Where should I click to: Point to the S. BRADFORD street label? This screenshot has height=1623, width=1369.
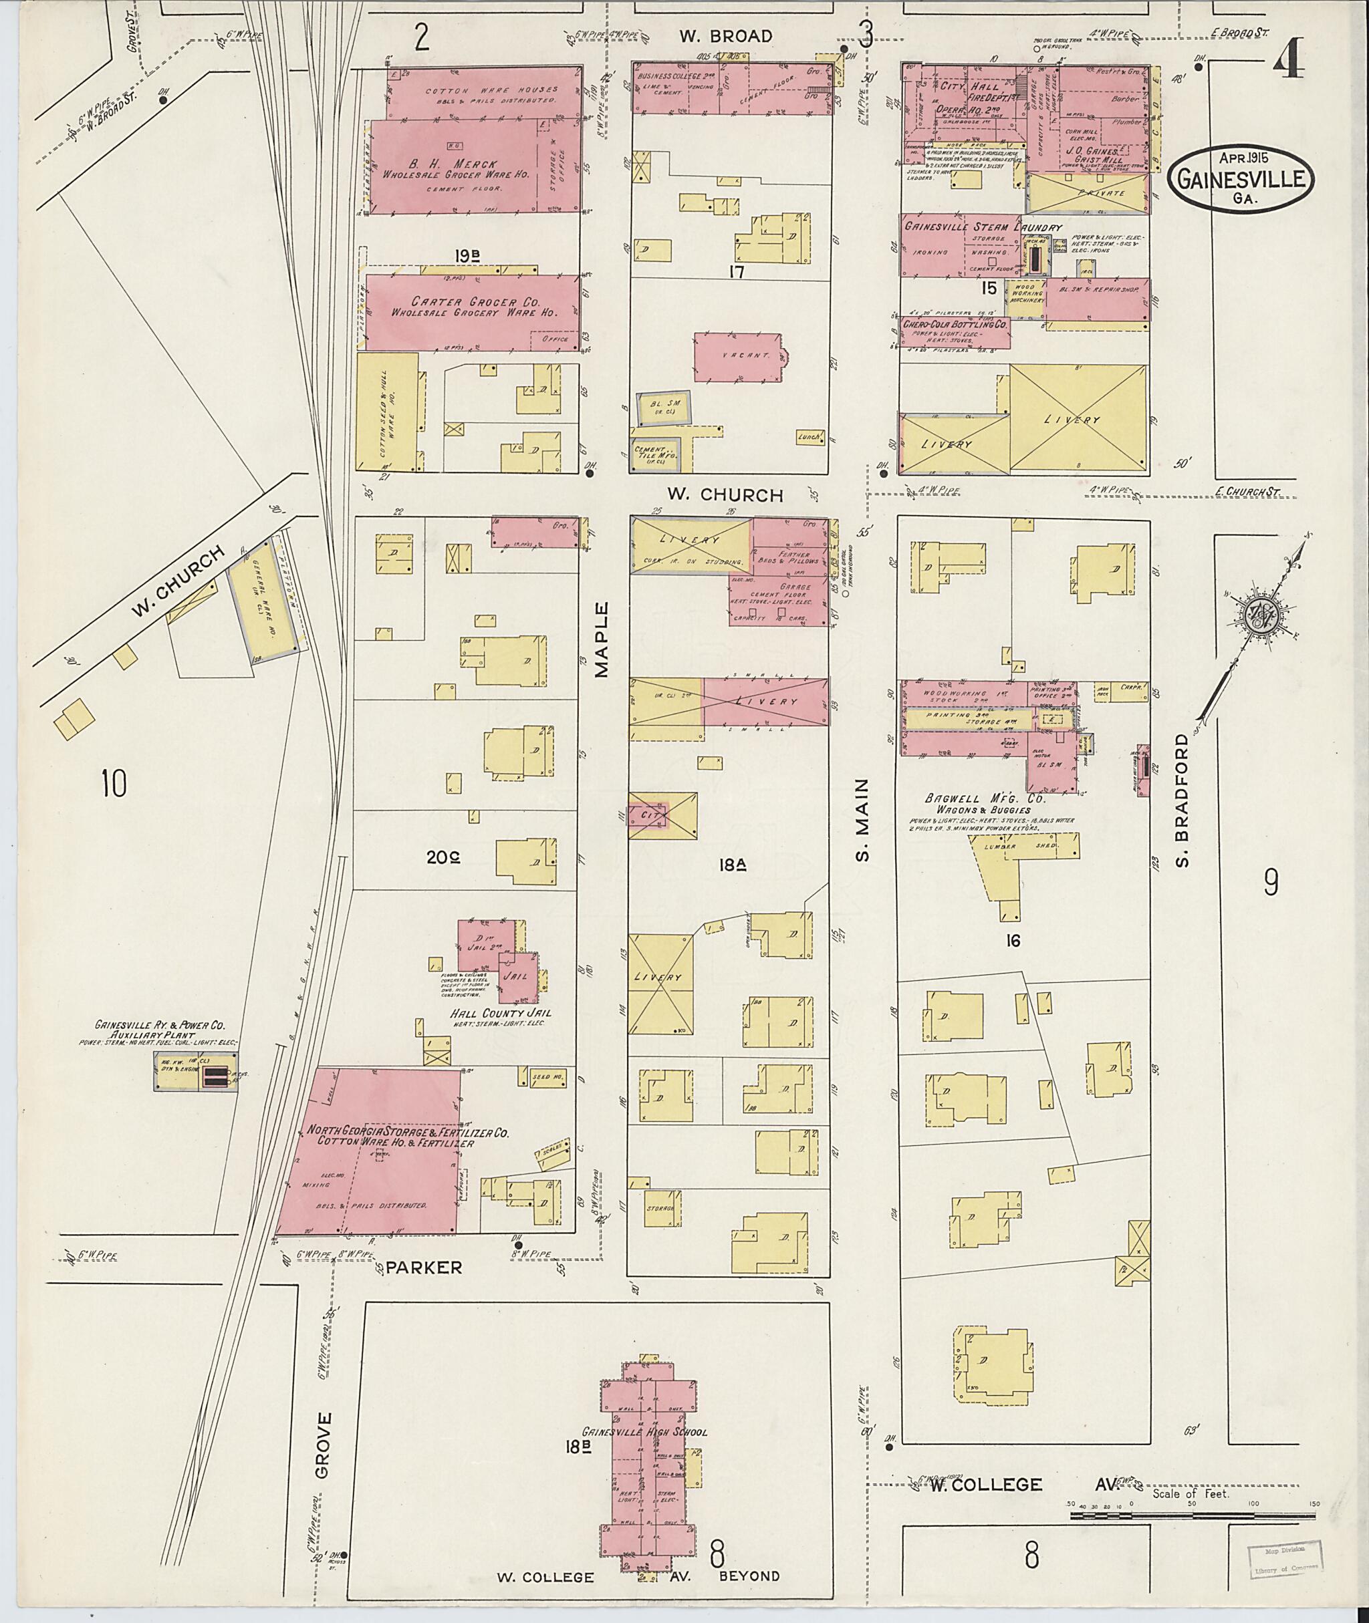pos(1183,800)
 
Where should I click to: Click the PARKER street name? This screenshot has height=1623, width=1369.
pos(424,1268)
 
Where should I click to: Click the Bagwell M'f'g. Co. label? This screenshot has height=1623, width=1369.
pos(985,798)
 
